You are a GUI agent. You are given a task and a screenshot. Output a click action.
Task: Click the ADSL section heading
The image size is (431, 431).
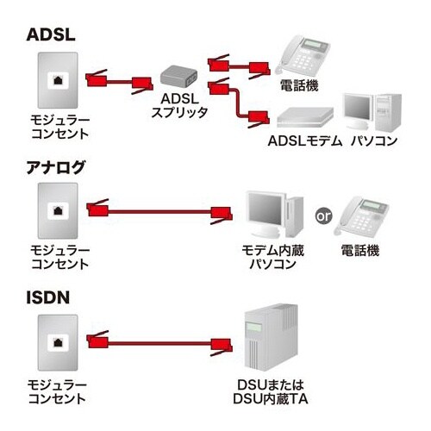point(53,35)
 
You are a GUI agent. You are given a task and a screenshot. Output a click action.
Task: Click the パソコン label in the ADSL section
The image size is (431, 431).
point(374,141)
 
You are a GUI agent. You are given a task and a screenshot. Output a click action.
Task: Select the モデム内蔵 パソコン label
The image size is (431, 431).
point(272,257)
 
